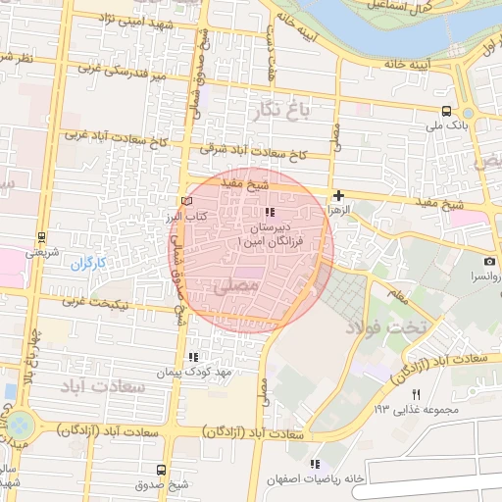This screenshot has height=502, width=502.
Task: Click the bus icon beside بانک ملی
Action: coord(447,111)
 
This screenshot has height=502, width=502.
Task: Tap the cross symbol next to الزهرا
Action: coord(338,195)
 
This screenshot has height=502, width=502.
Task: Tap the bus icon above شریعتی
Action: coord(41,236)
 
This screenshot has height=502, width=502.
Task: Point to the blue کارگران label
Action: coord(87,264)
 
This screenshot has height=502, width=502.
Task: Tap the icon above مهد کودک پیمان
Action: coord(193,357)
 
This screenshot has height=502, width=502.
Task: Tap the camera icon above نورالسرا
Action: coord(488,262)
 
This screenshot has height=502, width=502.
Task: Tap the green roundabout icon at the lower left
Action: coord(19,426)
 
